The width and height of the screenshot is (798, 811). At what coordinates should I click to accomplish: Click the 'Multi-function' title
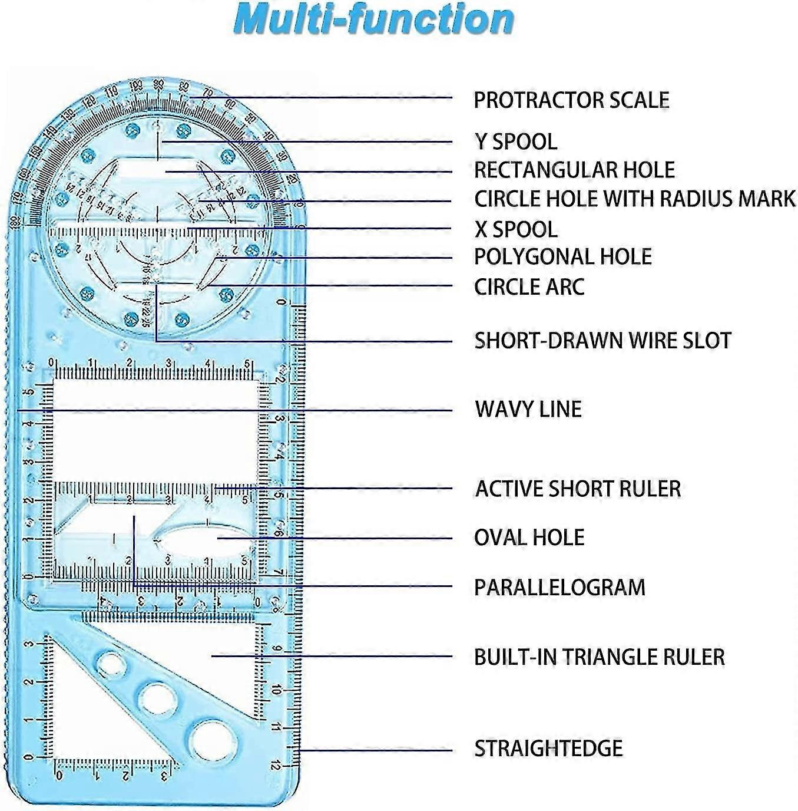[373, 19]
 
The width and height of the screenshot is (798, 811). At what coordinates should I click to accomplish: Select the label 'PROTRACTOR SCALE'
[571, 100]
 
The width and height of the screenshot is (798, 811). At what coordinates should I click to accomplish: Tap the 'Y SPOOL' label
[515, 142]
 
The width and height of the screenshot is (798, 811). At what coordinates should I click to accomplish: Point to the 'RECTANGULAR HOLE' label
[574, 170]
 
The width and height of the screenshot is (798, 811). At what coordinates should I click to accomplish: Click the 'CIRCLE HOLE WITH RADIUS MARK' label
[635, 199]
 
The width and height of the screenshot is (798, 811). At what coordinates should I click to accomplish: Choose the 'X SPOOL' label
[515, 229]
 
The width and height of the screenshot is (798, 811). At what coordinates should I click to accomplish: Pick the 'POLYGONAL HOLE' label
[563, 257]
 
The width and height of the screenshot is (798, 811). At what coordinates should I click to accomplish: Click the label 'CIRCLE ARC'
[529, 287]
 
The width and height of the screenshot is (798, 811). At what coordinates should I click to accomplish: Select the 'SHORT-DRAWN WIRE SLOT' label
[602, 341]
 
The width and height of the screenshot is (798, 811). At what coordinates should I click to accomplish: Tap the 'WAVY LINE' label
[528, 409]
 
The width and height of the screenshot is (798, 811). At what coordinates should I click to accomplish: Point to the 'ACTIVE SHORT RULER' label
[578, 489]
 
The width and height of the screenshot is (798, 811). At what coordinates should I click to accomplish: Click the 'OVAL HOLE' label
[529, 538]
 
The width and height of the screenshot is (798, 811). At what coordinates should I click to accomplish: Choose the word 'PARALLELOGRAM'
[559, 588]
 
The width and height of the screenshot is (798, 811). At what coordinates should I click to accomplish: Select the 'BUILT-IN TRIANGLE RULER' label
[599, 657]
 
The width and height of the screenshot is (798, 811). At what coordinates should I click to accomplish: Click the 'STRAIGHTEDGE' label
[548, 749]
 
